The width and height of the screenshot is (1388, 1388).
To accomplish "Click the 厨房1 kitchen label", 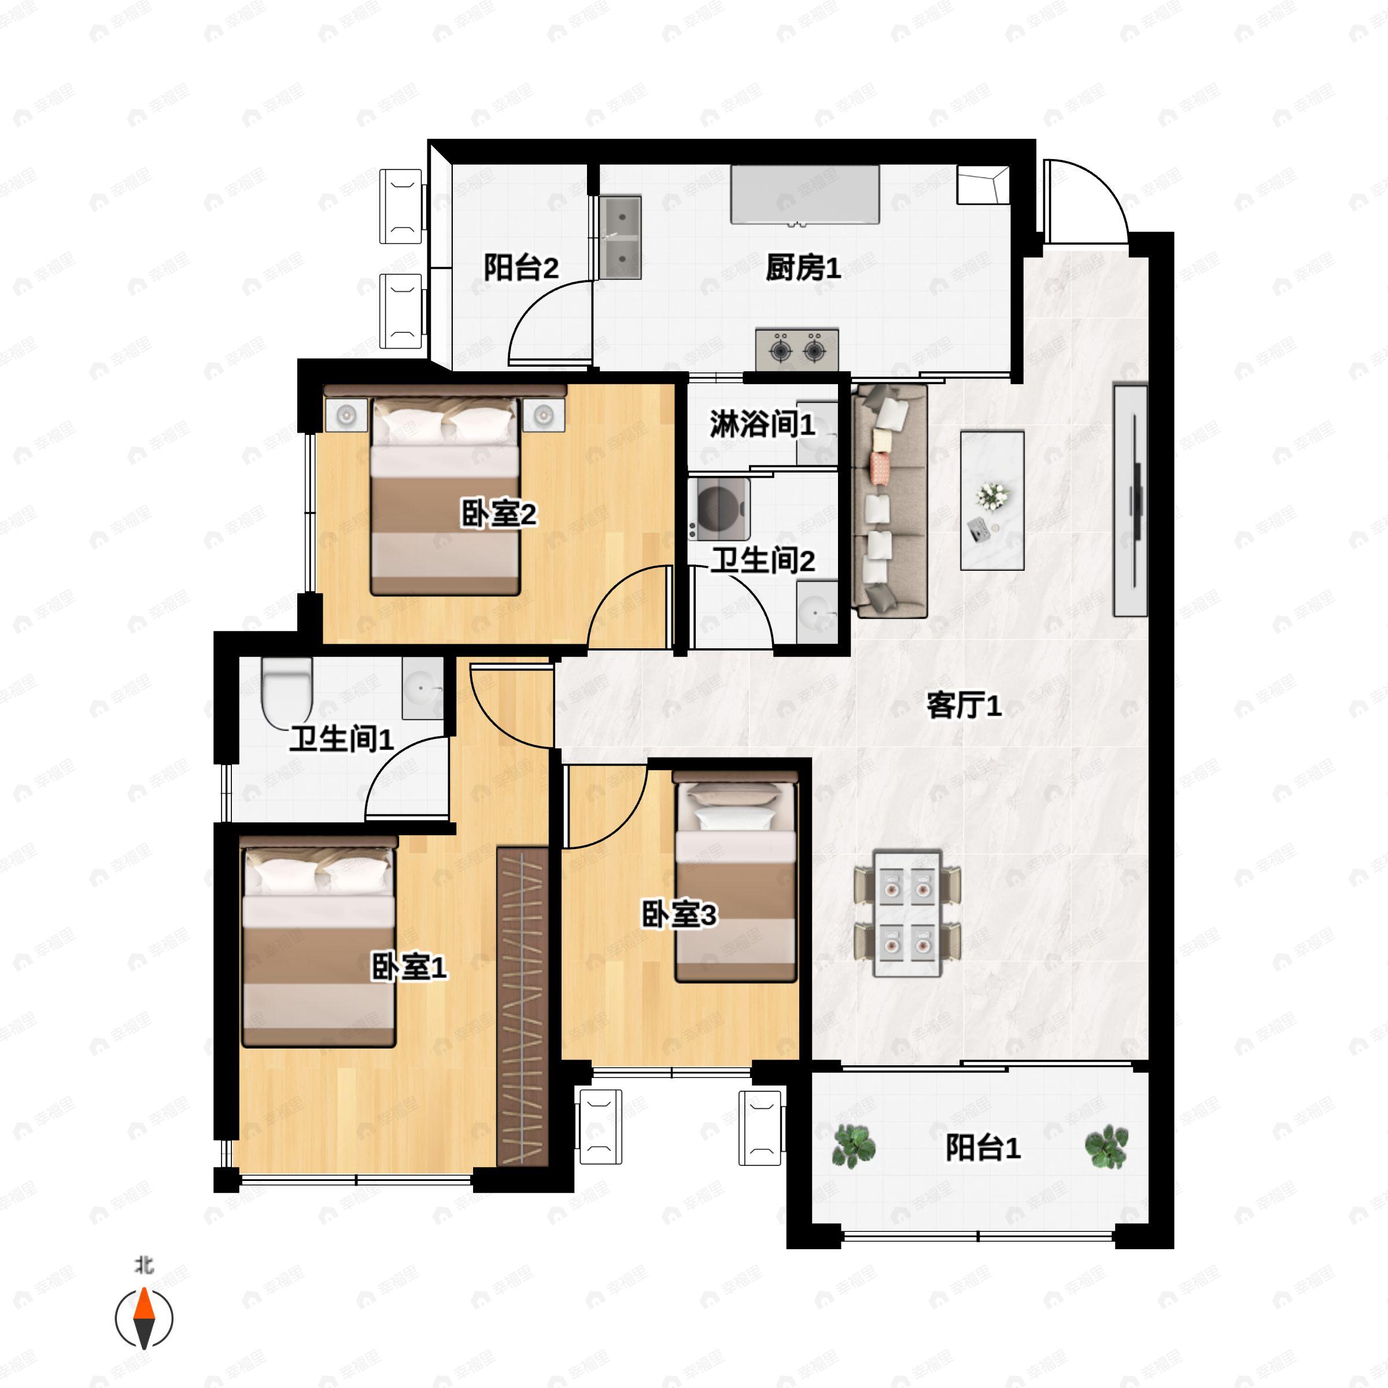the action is pos(803,269).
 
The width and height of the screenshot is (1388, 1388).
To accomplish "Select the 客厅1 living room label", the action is pos(964,706).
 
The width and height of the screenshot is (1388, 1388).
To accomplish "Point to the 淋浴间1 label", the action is pos(762,424).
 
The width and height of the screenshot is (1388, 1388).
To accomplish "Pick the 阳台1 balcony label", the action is pos(983,1147).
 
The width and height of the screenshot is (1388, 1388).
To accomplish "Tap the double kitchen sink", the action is pos(620,238).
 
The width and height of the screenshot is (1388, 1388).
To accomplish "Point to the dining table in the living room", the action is pos(907,913).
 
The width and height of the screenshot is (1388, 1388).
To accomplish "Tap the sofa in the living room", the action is pos(889,501).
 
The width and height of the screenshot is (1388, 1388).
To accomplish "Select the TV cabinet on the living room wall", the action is pos(1130,501).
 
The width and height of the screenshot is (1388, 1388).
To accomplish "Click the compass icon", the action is pos(145,1319).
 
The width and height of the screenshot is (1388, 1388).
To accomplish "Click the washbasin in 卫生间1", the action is pos(422,688).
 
